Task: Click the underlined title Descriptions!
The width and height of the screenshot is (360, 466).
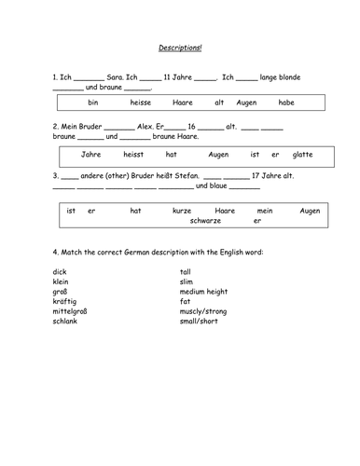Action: point(180,47)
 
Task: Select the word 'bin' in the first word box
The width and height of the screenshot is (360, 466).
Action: point(92,102)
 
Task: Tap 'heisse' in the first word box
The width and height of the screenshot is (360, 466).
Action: point(142,102)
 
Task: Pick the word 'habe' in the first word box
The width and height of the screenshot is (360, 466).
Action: point(287,102)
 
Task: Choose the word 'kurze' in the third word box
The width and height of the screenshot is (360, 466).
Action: point(183,211)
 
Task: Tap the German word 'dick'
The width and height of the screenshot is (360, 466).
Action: point(61,272)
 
